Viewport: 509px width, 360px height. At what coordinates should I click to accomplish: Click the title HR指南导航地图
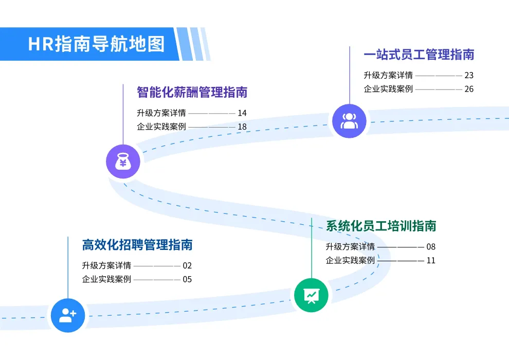(x=97, y=44)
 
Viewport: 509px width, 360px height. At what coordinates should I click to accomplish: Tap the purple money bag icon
(x=123, y=161)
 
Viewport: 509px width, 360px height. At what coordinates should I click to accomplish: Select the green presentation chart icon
(x=311, y=295)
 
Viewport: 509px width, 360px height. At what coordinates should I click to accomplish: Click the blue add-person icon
(x=68, y=315)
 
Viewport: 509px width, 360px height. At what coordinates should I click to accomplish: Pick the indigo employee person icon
(x=349, y=121)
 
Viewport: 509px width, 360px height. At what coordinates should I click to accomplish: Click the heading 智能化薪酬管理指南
(x=192, y=92)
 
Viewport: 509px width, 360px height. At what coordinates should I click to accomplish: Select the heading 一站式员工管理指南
(x=419, y=55)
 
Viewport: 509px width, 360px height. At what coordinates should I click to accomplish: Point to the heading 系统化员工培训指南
(x=381, y=226)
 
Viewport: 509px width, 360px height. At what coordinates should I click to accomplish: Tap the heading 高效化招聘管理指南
(x=137, y=245)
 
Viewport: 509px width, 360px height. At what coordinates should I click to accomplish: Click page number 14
(x=242, y=113)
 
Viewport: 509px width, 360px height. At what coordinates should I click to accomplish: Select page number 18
(x=242, y=127)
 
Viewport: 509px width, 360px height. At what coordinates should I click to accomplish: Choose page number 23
(x=469, y=75)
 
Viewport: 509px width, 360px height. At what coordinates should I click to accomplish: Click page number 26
(x=469, y=89)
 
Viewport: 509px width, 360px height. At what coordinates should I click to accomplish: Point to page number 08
(x=431, y=247)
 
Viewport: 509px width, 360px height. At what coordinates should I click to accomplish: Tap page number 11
(x=431, y=260)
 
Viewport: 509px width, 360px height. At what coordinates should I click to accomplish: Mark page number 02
(x=187, y=265)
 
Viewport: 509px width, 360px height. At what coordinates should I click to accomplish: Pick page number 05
(x=187, y=279)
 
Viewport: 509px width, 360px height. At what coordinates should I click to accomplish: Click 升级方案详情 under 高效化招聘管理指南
(x=106, y=265)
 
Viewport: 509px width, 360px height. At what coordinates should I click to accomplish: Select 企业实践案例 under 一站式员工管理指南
(x=388, y=89)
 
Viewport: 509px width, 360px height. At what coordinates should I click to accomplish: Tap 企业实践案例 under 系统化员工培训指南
(x=350, y=260)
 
